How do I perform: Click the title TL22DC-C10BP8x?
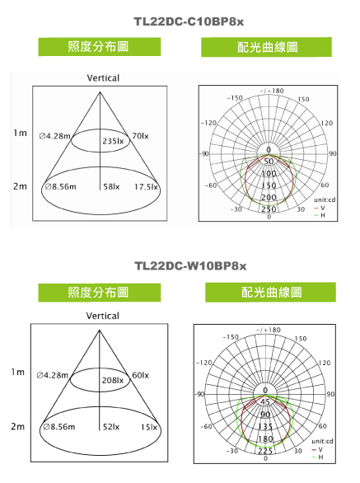tap(189, 22)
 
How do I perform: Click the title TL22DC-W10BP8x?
tap(190, 266)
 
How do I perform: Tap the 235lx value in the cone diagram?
tap(113, 141)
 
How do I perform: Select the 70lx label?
tap(140, 136)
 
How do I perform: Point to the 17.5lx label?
tap(146, 186)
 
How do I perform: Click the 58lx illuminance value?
tap(111, 186)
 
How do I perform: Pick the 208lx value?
tap(113, 380)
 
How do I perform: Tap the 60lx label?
tap(140, 375)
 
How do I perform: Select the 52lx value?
tap(111, 427)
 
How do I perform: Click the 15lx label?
tap(149, 427)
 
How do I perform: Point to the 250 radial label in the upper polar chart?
tap(269, 209)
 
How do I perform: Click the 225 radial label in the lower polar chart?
tap(265, 451)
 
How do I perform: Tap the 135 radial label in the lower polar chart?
tap(265, 426)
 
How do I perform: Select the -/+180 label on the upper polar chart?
tap(272, 91)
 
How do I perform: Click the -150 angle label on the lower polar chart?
tap(231, 337)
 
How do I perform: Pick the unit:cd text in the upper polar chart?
tap(325, 199)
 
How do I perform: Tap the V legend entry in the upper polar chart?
tap(320, 208)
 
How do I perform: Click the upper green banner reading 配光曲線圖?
tap(266, 47)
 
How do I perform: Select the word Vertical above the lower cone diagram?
tap(102, 316)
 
